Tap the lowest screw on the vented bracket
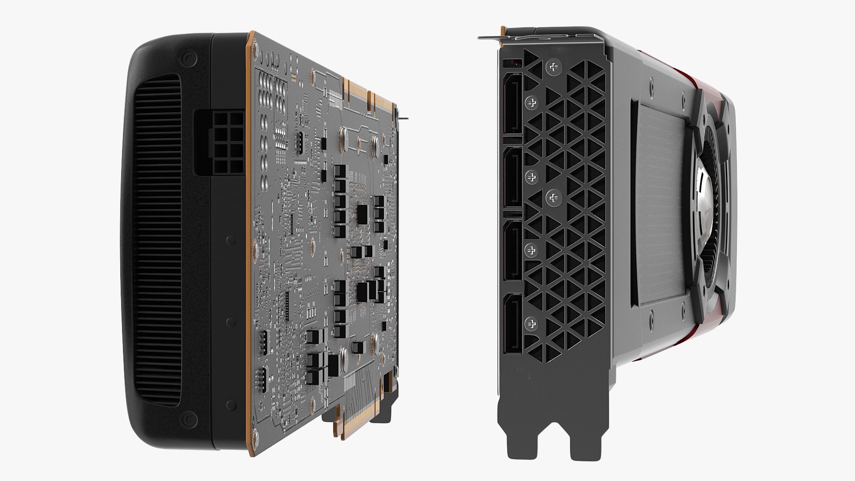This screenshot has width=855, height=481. (531, 324)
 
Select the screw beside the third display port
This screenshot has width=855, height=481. (531, 250)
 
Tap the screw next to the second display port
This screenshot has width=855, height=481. (531, 177)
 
